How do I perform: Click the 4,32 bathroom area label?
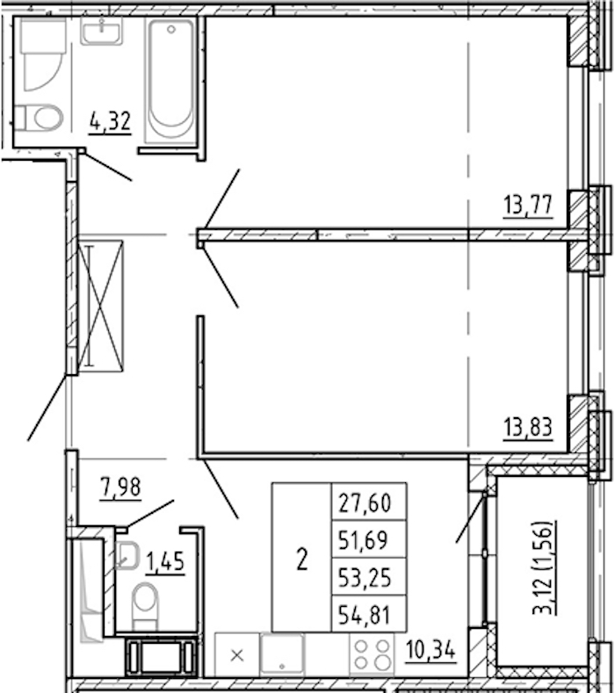point(110,121)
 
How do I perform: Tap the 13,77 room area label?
point(528,206)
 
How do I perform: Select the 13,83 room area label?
point(528,428)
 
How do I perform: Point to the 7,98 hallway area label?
point(120,487)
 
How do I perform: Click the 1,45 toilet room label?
point(165,563)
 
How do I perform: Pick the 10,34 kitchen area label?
point(430,650)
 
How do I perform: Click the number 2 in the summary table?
point(302,559)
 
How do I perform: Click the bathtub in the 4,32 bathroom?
point(170,82)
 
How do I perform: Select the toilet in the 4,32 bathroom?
point(40,118)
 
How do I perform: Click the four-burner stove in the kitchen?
point(372,654)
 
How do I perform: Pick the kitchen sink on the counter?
point(282,654)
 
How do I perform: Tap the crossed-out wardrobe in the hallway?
point(100,306)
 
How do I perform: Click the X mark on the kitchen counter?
point(237,655)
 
